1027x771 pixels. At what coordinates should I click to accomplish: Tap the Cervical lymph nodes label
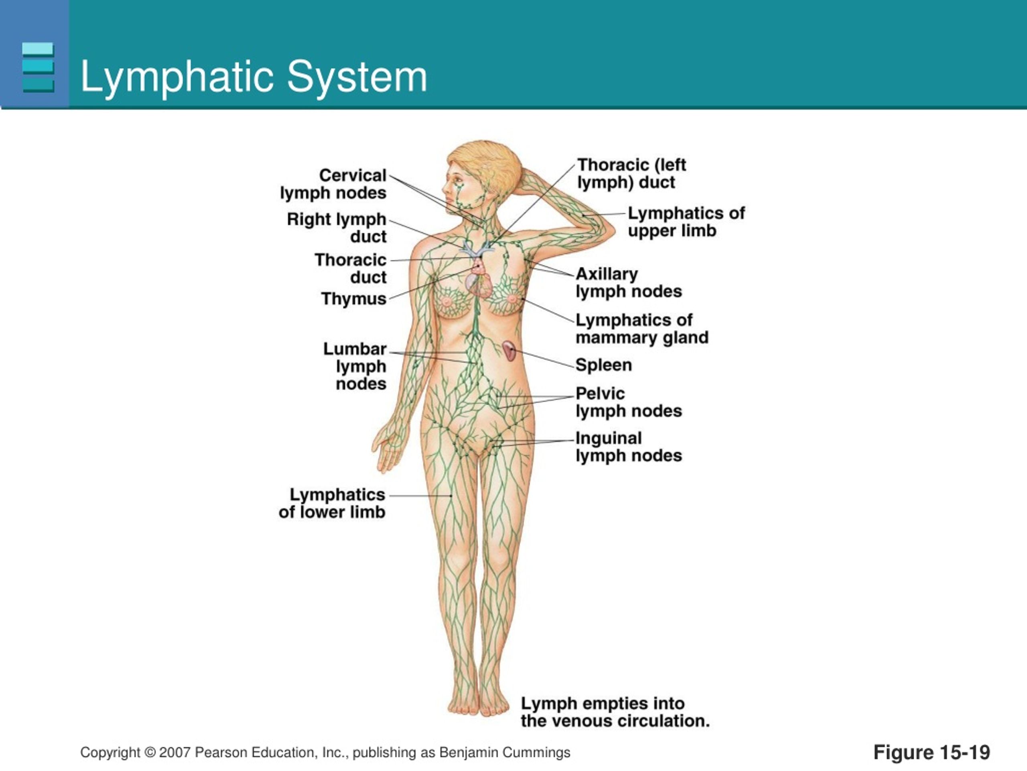click(333, 184)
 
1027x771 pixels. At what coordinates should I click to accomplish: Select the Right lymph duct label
click(336, 228)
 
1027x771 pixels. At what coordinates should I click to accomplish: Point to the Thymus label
click(353, 299)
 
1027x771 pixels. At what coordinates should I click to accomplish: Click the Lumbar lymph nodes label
click(355, 366)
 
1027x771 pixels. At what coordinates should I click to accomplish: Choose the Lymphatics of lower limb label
click(332, 503)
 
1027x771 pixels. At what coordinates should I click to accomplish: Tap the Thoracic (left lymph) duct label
click(631, 173)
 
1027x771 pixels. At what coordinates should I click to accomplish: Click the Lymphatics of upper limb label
click(686, 222)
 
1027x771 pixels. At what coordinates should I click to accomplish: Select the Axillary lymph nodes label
click(629, 283)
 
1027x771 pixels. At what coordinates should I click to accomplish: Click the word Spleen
click(604, 365)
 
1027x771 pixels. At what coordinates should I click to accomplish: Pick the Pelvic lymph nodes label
click(629, 402)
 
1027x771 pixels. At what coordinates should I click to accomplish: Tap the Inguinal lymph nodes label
click(629, 447)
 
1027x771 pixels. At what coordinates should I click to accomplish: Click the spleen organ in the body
click(509, 351)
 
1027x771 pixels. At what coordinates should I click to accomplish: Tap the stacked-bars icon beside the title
click(38, 67)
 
